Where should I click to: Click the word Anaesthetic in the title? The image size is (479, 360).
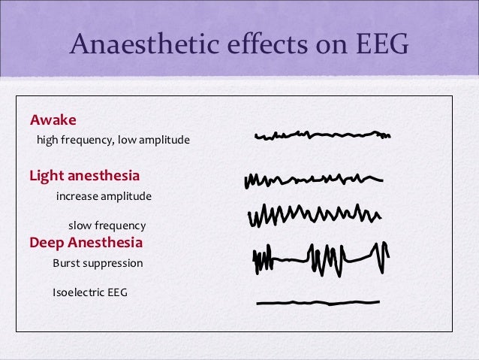pos(138,47)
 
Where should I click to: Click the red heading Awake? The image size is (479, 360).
pos(53,120)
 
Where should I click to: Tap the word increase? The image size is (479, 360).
pos(78,196)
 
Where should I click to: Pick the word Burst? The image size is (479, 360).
pos(65,264)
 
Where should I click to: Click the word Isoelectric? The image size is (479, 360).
pos(77,292)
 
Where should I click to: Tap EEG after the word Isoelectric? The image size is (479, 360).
pos(116,292)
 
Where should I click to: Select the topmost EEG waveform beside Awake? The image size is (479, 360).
pos(323,136)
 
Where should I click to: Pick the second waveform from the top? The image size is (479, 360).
pos(313,180)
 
